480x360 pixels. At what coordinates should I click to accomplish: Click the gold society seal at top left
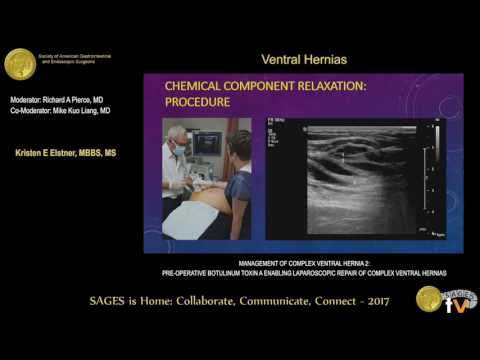(x=20, y=64)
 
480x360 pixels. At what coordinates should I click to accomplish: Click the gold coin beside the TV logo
(x=429, y=299)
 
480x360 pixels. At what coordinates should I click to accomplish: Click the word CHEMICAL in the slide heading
(x=194, y=87)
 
